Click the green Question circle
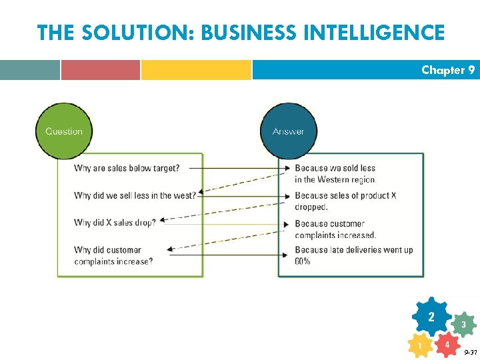[x=63, y=131]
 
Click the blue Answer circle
[x=288, y=131]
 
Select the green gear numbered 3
[x=463, y=325]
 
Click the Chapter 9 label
[x=448, y=70]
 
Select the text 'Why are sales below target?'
[x=127, y=168]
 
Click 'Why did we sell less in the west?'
[x=135, y=195]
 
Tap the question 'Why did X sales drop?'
[x=115, y=223]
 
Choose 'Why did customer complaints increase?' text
[x=113, y=256]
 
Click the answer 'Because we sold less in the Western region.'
[x=335, y=173]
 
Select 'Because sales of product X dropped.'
[x=345, y=201]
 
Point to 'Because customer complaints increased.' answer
[x=335, y=229]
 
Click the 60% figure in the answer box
[x=302, y=261]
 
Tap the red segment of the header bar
[x=101, y=70]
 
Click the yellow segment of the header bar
[x=196, y=70]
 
